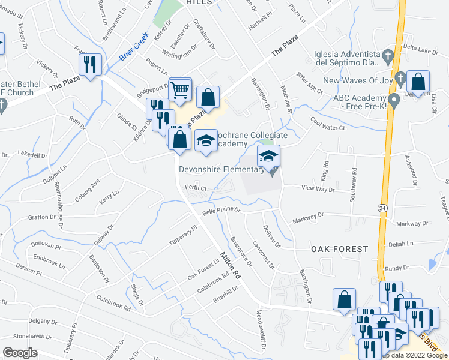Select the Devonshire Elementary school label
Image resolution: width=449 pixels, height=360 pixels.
(221, 169)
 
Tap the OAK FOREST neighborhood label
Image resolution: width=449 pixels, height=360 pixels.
(339, 248)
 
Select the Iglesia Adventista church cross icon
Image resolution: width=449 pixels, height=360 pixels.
(388, 58)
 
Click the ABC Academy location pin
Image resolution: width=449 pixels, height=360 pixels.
(394, 99)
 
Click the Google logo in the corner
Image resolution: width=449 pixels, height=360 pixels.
(20, 352)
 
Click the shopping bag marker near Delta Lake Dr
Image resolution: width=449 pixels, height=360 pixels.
(417, 82)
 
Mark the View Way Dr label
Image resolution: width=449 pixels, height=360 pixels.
(318, 189)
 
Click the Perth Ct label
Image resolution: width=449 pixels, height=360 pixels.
(196, 188)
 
